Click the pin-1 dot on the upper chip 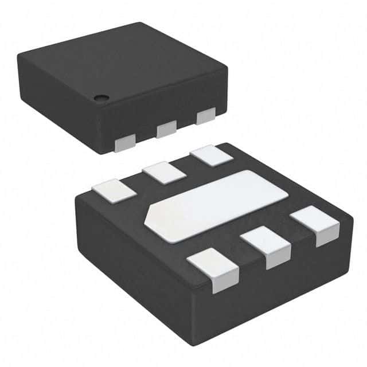point(100,97)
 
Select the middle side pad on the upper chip point(166,129)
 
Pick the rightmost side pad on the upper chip point(205,116)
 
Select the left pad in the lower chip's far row point(114,190)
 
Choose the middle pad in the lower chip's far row point(165,172)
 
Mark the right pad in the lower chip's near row point(315,225)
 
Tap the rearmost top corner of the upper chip point(141,24)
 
